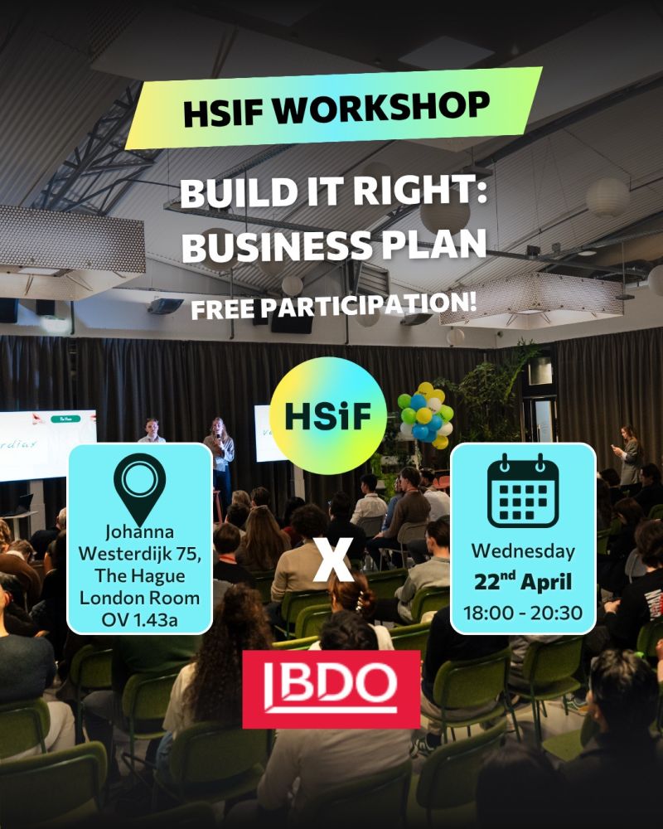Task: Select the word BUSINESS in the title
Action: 278,246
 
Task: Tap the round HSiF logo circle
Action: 328,415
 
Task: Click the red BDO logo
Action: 331,690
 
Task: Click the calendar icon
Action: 523,491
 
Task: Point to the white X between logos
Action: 332,560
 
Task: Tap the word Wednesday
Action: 523,551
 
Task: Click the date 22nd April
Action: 523,582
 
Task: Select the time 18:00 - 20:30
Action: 523,613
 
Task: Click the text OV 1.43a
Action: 139,619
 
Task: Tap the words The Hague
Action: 139,576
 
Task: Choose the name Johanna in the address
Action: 139,531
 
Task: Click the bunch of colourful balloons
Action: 426,415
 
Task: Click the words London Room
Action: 139,598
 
